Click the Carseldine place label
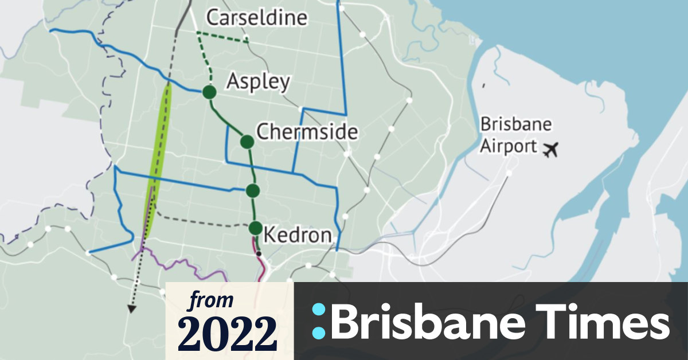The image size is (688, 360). pos(256,18)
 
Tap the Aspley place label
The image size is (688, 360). pos(258,81)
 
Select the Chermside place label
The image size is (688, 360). pos(307,132)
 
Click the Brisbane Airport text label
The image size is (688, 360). pos(515,135)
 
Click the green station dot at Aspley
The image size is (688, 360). pos(209,92)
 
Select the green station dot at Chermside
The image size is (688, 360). pos(247,141)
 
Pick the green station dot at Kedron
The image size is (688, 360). pos(256,228)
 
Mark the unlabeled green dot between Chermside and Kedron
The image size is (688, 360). pos(253,190)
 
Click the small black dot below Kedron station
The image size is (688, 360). pos(259,253)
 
